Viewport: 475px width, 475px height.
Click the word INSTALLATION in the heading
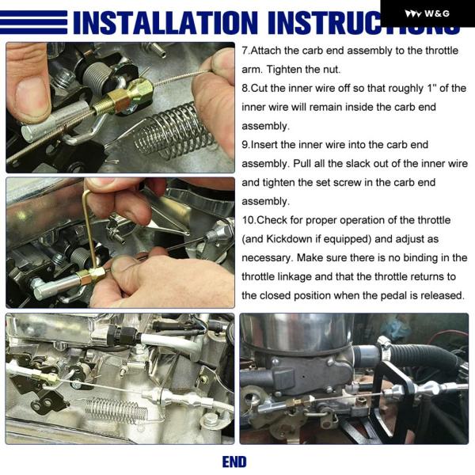165,22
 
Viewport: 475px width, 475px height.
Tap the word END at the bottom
234,462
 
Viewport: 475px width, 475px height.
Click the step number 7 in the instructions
245,51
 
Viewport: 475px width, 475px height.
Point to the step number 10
248,220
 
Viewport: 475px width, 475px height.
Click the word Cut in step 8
260,88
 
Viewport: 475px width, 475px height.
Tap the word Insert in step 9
264,145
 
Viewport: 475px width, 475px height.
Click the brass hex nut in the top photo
116,98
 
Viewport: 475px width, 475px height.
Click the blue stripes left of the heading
33,22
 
